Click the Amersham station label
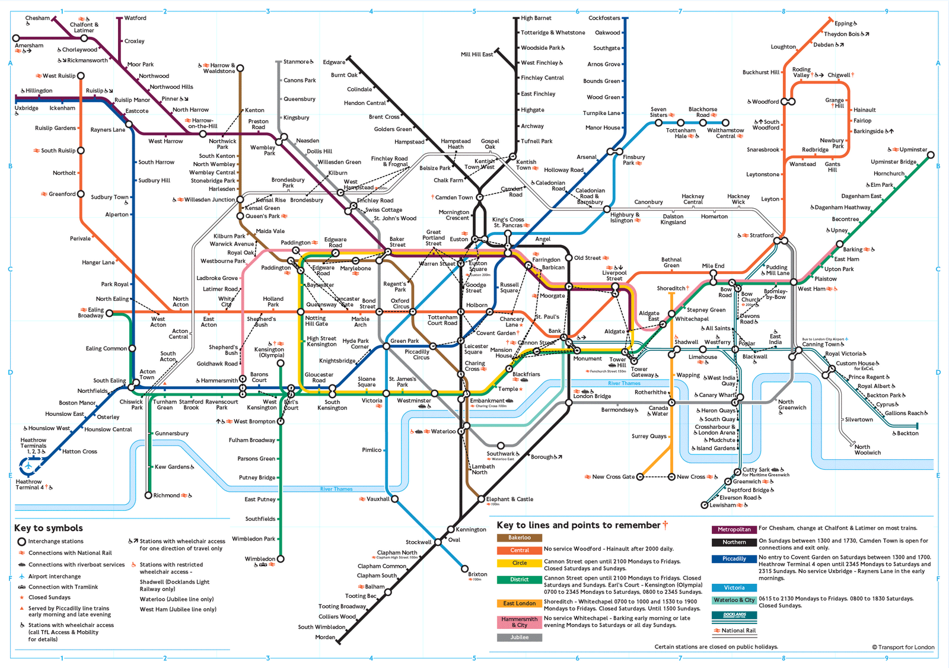[x=29, y=46]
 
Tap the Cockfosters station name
[x=604, y=18]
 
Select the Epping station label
[x=843, y=24]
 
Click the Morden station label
[x=325, y=637]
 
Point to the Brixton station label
[x=477, y=574]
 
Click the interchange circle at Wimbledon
[x=281, y=559]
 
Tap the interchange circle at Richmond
[x=148, y=495]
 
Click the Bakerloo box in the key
[x=519, y=537]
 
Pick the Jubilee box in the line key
[x=519, y=637]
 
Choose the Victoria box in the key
[x=734, y=587]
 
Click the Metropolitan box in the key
[x=734, y=529]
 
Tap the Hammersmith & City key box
[x=519, y=622]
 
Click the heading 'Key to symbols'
[x=49, y=528]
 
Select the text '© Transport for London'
[x=903, y=647]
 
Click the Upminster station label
[x=913, y=149]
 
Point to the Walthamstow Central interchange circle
[x=725, y=123]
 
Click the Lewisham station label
[x=722, y=505]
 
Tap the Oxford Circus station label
[x=400, y=303]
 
